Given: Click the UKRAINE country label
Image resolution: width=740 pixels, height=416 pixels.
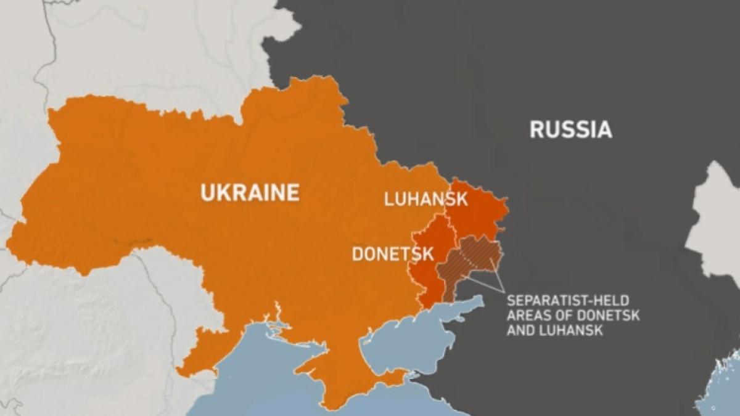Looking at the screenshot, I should pyautogui.click(x=250, y=193).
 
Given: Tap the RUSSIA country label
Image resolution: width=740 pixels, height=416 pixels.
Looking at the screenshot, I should pyautogui.click(x=570, y=129).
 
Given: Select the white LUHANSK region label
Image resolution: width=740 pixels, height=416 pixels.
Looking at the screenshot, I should pyautogui.click(x=425, y=199).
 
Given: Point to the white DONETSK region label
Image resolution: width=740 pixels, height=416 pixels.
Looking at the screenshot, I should pyautogui.click(x=393, y=254).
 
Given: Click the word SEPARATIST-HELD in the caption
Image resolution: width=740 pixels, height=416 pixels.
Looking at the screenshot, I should pyautogui.click(x=567, y=301).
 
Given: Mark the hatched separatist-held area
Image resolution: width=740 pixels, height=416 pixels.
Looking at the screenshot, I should pyautogui.click(x=472, y=262).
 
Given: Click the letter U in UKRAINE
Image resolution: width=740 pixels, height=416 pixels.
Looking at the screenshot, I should pyautogui.click(x=208, y=193).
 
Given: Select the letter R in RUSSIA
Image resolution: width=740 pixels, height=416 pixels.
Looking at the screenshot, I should pyautogui.click(x=536, y=129).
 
